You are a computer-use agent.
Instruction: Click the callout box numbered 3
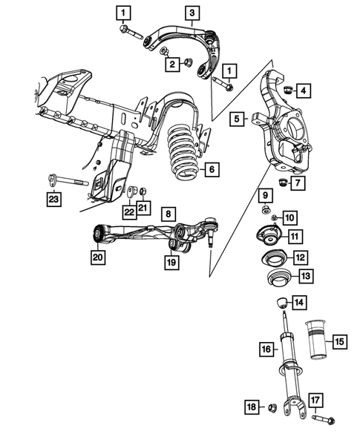[192, 13]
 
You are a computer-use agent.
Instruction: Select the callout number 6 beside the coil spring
[212, 170]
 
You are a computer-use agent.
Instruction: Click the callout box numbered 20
[97, 257]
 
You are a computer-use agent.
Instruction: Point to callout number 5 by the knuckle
[236, 117]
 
